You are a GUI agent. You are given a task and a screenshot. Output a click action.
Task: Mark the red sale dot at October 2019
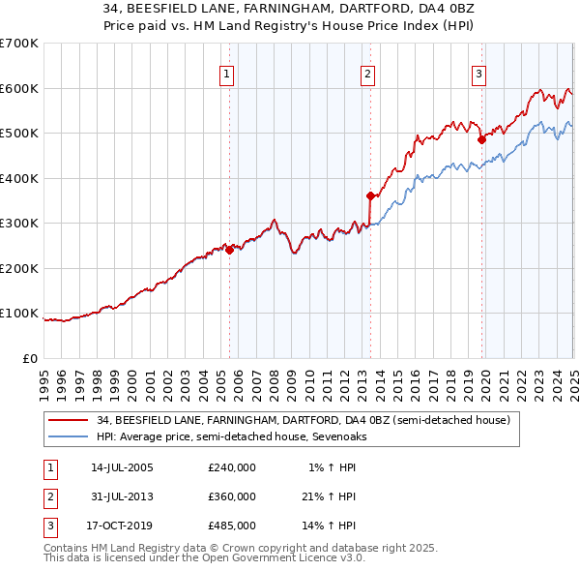[481, 140]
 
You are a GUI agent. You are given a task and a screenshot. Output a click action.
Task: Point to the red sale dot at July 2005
[229, 250]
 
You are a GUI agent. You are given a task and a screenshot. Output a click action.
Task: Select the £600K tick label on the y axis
[19, 88]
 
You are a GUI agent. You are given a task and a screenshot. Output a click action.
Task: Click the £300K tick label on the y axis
[19, 223]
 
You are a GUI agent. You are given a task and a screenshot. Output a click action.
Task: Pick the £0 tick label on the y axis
[31, 357]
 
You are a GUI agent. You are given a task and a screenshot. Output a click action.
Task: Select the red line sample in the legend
[68, 420]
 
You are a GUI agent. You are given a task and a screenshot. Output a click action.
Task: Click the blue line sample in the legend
[68, 436]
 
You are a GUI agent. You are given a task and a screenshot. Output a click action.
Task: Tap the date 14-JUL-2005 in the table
[122, 467]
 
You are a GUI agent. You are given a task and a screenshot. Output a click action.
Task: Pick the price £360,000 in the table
[232, 496]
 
